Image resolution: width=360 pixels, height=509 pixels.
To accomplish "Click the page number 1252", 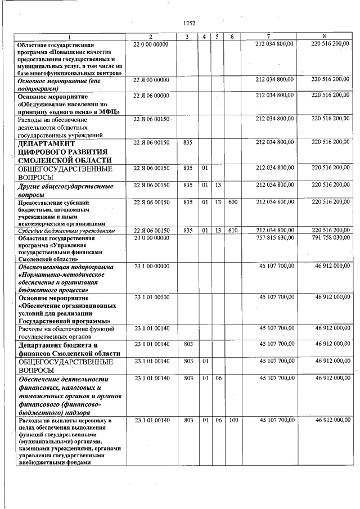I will point(189,23).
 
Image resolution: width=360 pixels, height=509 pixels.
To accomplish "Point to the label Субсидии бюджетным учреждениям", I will point(67,231).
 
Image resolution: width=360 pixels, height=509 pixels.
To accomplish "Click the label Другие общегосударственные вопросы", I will point(65,190).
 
